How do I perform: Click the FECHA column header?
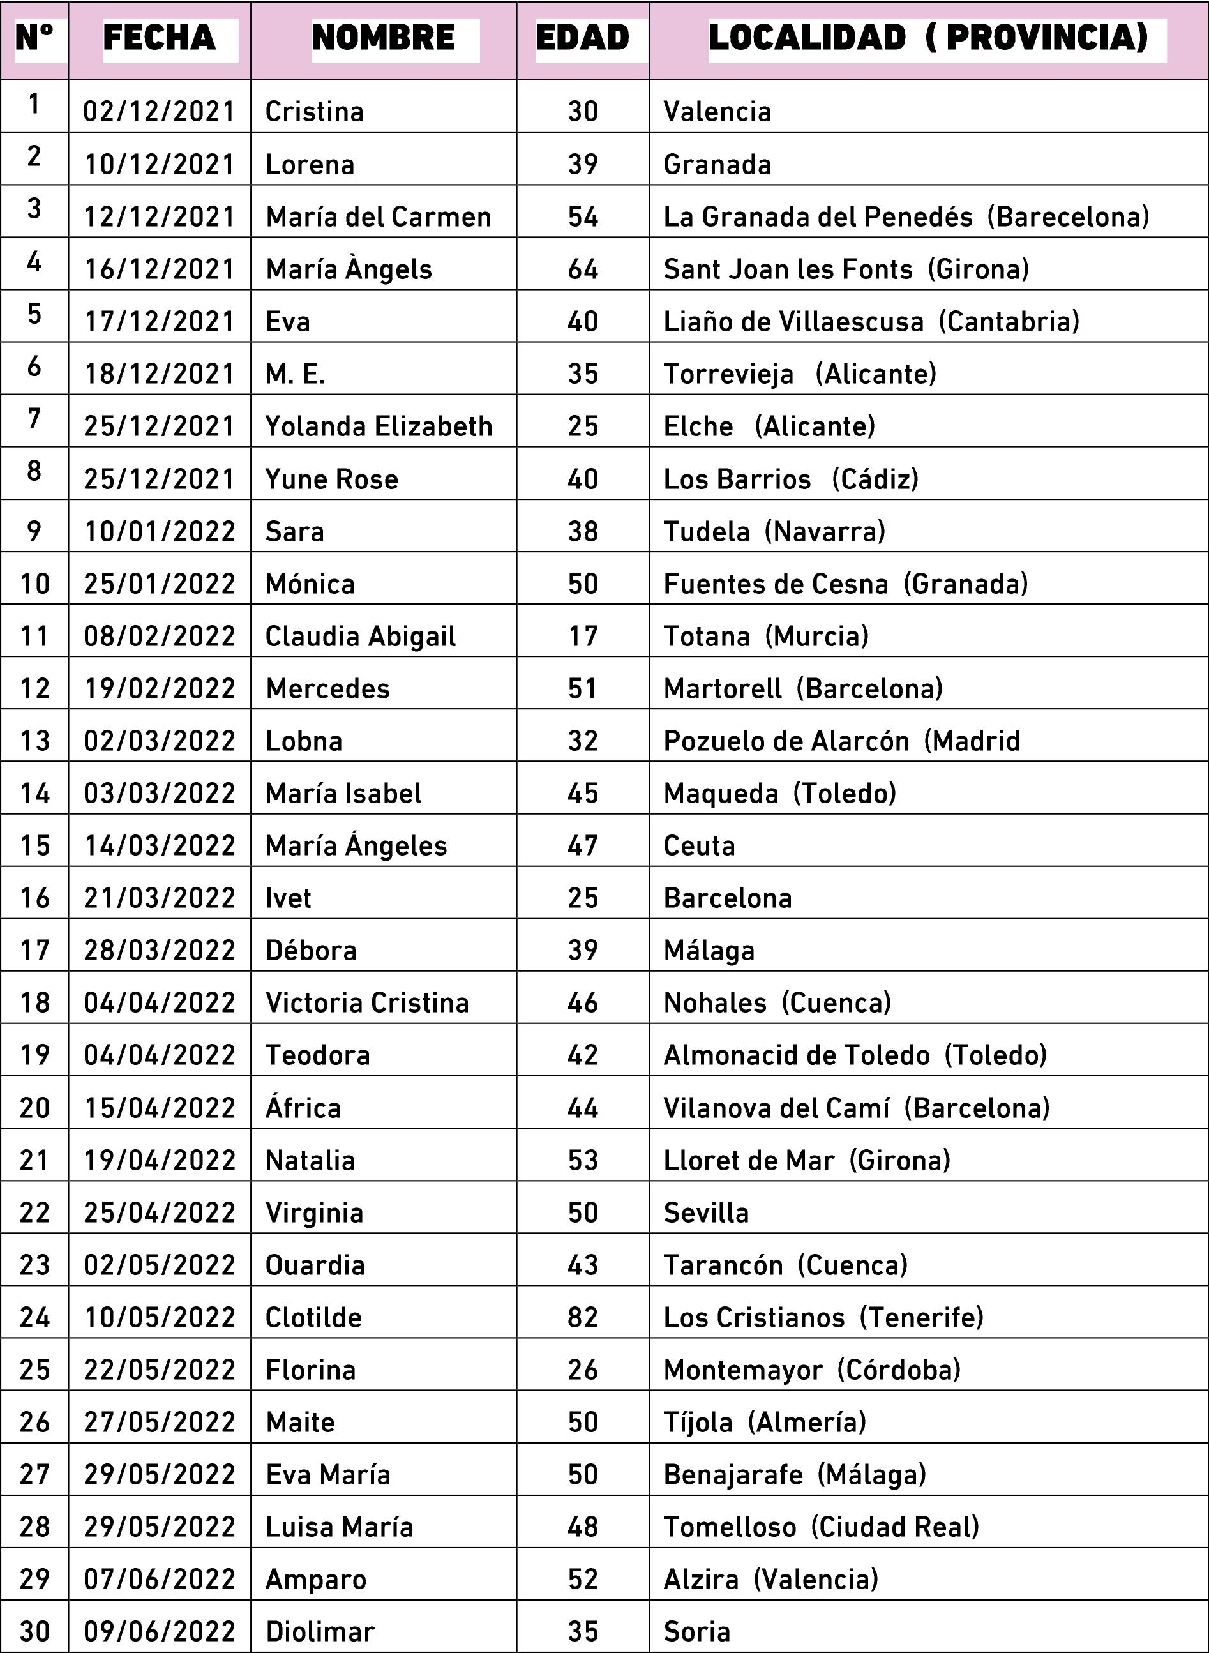[160, 38]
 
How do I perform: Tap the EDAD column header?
[583, 38]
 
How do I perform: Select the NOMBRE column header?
[384, 38]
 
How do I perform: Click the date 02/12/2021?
[160, 112]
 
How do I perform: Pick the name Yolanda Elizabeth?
[379, 426]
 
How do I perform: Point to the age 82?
[583, 1318]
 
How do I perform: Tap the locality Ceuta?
[699, 846]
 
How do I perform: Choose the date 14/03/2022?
[160, 846]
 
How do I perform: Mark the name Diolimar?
[320, 1632]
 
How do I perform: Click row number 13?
[34, 741]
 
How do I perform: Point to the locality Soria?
[696, 1632]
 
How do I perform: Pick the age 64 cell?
[583, 269]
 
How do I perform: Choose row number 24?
[34, 1318]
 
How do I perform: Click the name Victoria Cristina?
[366, 1003]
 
